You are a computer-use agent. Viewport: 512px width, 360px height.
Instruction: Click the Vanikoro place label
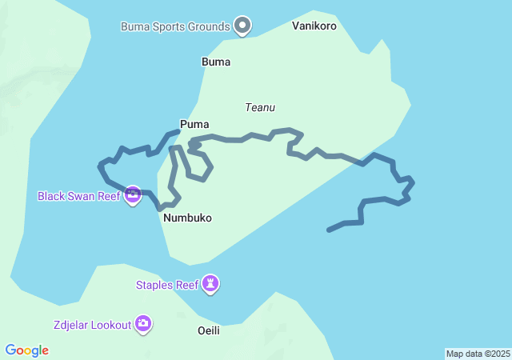(x=314, y=26)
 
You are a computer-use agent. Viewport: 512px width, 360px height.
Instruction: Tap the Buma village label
(x=216, y=62)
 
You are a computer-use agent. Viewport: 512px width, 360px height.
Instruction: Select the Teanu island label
(x=260, y=107)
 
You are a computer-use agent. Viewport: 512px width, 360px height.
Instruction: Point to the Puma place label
(x=194, y=124)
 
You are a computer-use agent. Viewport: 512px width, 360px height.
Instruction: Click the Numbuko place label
(x=187, y=218)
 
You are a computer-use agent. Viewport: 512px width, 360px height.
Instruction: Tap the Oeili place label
(x=208, y=330)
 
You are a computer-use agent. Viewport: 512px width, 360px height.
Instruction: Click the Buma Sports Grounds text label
(x=175, y=26)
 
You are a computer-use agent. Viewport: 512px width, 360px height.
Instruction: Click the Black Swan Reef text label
(x=78, y=195)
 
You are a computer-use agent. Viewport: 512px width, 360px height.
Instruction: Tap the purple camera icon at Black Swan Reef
(x=133, y=195)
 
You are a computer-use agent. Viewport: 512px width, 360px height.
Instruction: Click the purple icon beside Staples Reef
(x=210, y=283)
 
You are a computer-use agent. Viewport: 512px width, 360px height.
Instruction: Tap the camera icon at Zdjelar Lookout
(x=143, y=324)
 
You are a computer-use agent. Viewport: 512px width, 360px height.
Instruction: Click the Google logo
(x=26, y=350)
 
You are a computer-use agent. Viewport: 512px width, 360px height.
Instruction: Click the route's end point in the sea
(x=329, y=230)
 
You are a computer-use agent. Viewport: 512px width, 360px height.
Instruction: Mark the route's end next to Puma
(x=178, y=130)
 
